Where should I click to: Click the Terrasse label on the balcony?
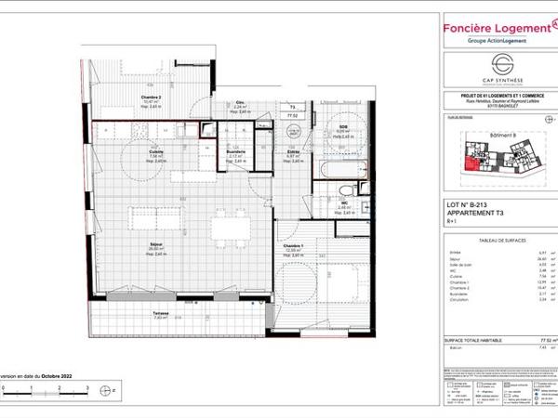pyautogui.click(x=148, y=314)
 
